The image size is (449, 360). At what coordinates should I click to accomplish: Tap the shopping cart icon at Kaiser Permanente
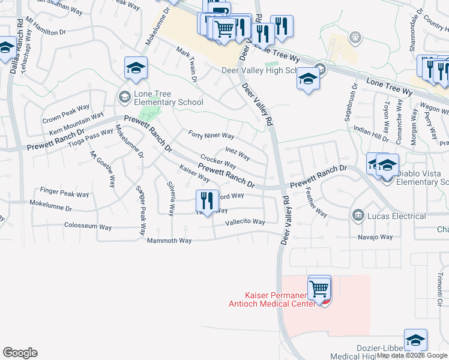(319, 289)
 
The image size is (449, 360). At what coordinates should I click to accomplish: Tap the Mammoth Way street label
(169, 241)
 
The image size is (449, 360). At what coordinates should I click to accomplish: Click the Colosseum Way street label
(88, 227)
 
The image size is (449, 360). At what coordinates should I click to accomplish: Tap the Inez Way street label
(238, 154)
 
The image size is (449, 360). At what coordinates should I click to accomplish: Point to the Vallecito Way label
(244, 221)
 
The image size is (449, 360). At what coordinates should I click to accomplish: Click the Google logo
(20, 353)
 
